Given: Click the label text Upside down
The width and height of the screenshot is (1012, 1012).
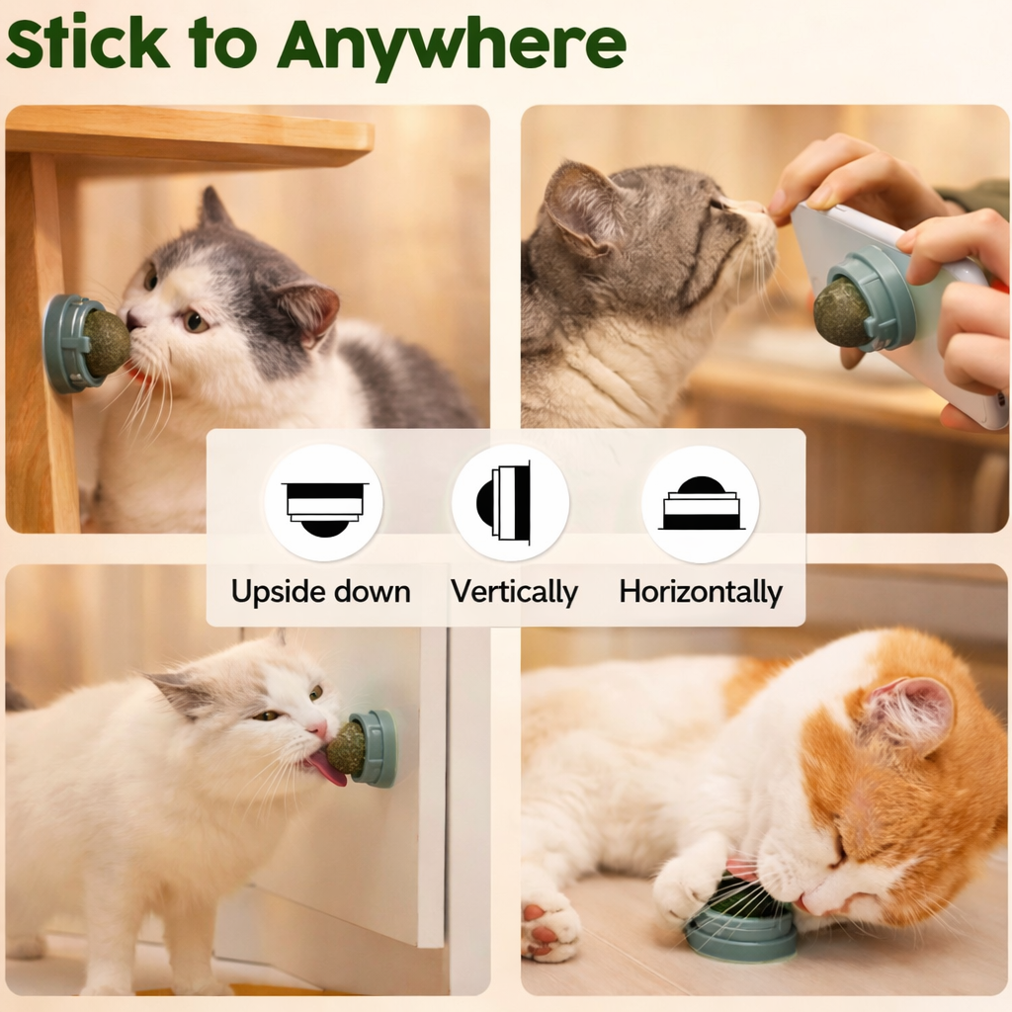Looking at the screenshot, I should (320, 592).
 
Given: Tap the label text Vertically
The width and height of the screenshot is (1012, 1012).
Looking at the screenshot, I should (514, 592).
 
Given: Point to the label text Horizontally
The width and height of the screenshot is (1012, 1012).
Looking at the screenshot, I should (701, 592).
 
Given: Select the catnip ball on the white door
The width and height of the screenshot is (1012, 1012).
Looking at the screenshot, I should (346, 748).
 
